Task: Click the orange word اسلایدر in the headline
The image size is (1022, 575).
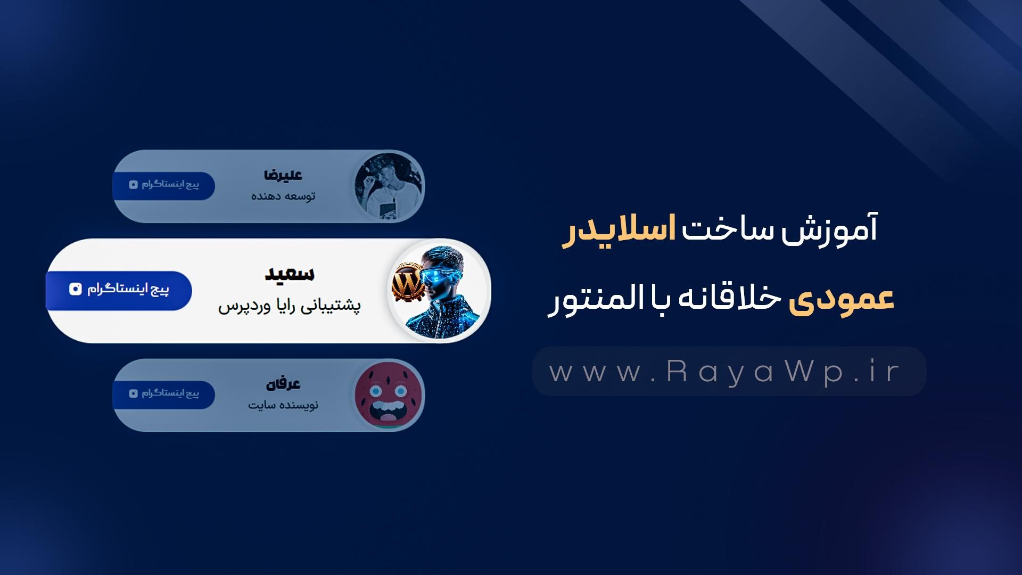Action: pyautogui.click(x=619, y=231)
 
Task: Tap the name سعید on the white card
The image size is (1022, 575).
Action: pyautogui.click(x=290, y=274)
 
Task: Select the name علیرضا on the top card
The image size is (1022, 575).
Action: pyautogui.click(x=283, y=175)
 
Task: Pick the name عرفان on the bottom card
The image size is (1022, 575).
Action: pyautogui.click(x=283, y=383)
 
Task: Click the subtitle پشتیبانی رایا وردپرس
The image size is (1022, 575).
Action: pyautogui.click(x=289, y=306)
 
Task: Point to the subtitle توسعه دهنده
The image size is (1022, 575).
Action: pyautogui.click(x=283, y=196)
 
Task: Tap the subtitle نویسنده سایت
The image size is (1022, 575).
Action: pyautogui.click(x=283, y=405)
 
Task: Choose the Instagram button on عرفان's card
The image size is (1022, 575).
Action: pyautogui.click(x=164, y=394)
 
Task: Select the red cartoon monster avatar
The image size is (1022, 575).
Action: pyautogui.click(x=389, y=395)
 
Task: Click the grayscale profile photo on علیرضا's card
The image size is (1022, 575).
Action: pyautogui.click(x=389, y=186)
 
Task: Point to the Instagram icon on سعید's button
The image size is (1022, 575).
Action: pyautogui.click(x=76, y=289)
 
